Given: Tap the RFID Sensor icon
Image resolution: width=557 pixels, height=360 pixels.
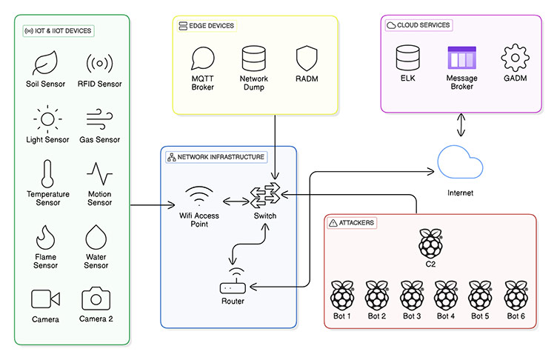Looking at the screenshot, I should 100,62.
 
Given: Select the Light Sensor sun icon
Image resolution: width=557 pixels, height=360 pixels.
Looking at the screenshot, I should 47,119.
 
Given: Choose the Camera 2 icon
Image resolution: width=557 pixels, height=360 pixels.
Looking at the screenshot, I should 96,299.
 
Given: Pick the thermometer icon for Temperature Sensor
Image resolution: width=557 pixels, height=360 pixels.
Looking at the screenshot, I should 47,173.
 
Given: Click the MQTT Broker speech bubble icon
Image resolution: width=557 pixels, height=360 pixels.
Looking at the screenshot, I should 202,58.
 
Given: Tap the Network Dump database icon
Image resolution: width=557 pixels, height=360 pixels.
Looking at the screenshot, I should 253,58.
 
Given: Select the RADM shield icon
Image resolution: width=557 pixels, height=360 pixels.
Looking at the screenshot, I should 307,58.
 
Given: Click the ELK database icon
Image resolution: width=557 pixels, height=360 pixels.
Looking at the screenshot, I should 407,58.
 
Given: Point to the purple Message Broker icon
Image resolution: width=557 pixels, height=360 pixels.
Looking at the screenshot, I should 461,58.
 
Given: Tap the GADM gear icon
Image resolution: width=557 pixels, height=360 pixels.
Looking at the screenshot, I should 513,58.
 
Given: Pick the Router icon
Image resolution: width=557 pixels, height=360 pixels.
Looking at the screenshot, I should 232,287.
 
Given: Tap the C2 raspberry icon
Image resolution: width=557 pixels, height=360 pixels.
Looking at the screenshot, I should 429,242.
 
